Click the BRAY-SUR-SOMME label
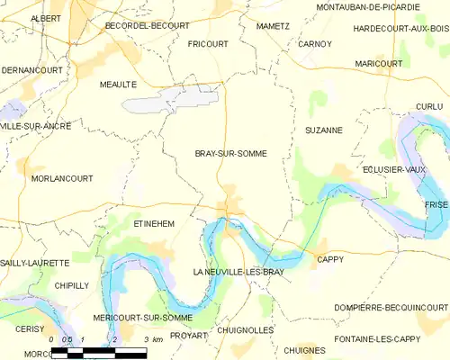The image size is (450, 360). (231, 154)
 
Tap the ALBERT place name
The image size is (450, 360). (46, 18)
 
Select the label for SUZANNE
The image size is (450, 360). (324, 130)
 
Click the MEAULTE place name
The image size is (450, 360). (118, 84)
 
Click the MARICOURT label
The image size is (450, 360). (378, 64)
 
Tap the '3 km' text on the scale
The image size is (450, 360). (152, 339)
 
